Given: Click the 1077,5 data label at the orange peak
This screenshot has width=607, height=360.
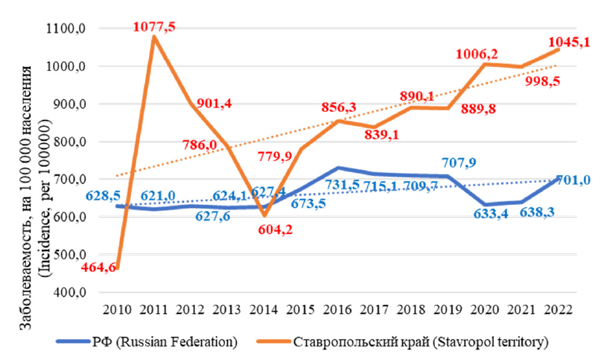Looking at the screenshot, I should point(155,27).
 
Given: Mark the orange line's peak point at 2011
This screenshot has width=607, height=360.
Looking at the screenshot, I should point(153,37).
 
